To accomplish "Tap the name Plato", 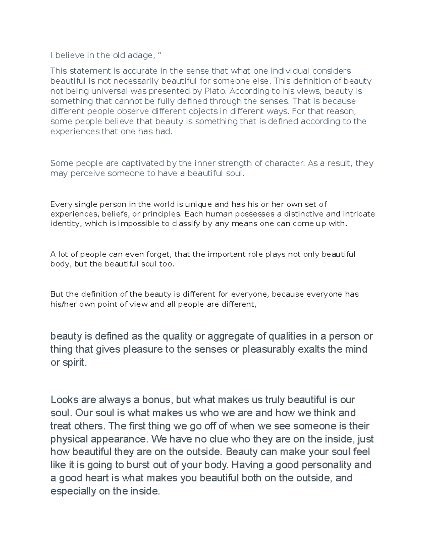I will [x=215, y=91].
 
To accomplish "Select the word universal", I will [x=107, y=91].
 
